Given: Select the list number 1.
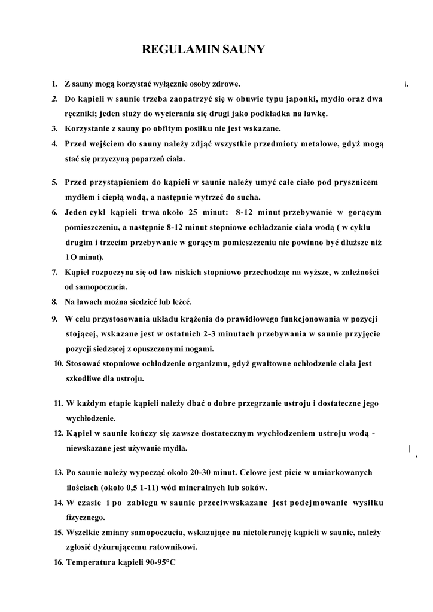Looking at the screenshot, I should coord(54,84).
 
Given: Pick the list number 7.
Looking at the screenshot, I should coord(54,272).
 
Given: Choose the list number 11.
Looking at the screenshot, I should coord(59,403).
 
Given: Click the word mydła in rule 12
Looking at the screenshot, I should coord(174,448).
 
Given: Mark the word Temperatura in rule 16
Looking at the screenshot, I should coord(91,562).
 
